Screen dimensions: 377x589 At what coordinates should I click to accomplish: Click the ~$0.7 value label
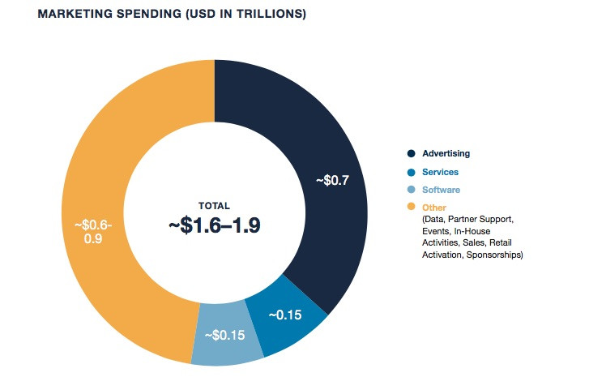332,179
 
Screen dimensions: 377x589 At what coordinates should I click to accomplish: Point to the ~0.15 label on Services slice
285,315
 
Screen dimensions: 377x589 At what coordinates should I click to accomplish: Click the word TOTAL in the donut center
214,206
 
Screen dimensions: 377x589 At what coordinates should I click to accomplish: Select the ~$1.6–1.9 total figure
214,226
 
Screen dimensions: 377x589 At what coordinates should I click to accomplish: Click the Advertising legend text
446,153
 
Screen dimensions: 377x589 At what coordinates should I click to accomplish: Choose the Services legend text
440,172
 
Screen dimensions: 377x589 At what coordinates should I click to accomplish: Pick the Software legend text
441,190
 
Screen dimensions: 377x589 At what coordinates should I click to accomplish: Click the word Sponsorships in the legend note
494,255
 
